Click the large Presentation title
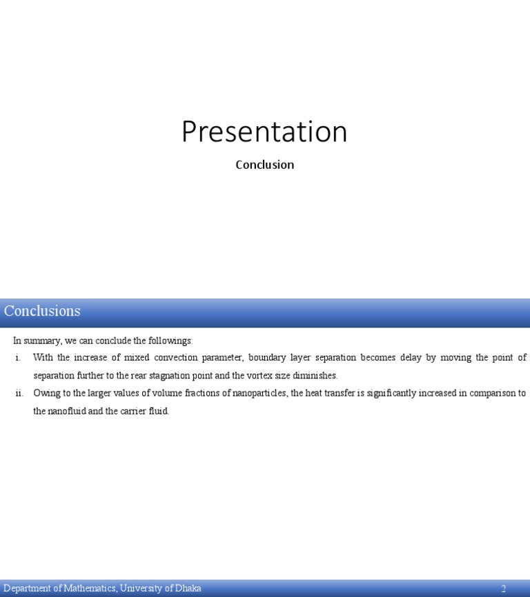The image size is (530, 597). [264, 132]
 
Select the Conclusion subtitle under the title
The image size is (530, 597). [264, 165]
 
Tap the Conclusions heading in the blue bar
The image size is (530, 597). [42, 311]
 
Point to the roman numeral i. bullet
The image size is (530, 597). [18, 358]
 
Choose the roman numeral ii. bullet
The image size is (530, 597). [19, 394]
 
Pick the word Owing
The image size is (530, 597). [46, 394]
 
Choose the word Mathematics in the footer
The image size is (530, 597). [89, 589]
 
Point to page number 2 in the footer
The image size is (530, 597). [504, 589]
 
